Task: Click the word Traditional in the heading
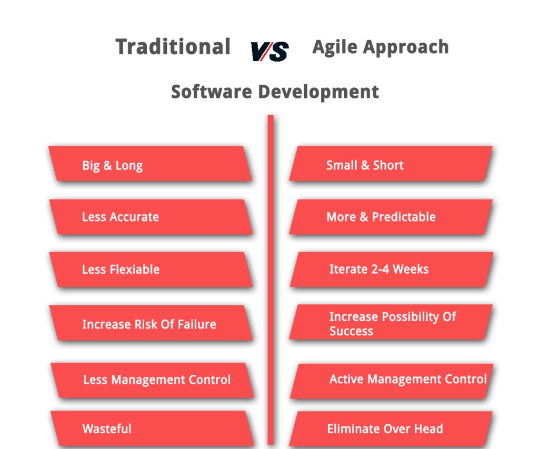pos(173,47)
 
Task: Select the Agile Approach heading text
pos(380,47)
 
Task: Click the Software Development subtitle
pos(275,92)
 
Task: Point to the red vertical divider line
pos(271,279)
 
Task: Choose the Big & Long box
pos(150,164)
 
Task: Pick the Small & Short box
pos(391,164)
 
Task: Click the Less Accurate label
pos(120,217)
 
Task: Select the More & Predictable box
pos(391,217)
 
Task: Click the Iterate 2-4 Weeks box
pos(391,270)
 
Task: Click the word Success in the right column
pos(351,332)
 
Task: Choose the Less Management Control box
pos(152,380)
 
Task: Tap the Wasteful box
pos(152,428)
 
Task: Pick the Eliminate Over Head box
pos(391,428)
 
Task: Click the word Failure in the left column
pos(196,324)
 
